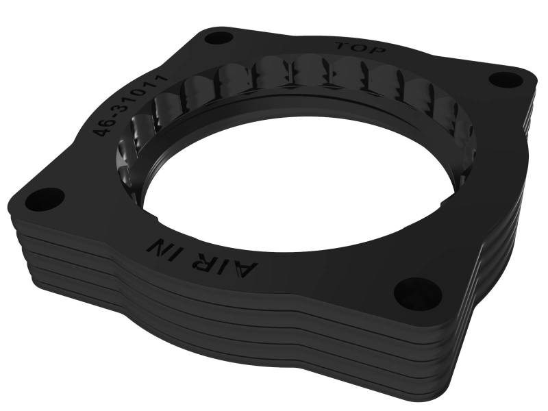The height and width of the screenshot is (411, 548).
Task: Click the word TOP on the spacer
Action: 360,48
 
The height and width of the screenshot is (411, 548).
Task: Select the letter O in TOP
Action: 360,48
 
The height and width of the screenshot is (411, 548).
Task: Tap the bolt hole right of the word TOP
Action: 508,80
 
